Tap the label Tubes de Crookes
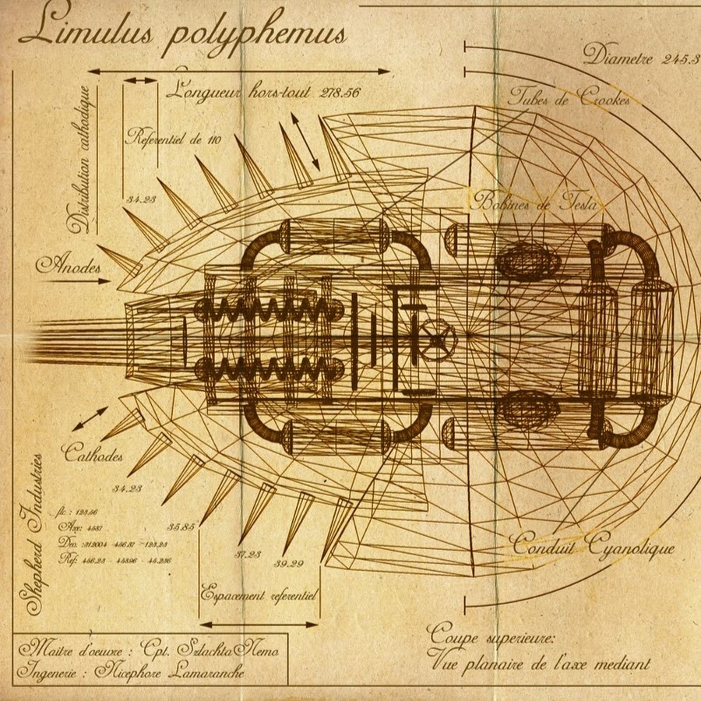tap(568, 98)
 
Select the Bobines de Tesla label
tap(534, 202)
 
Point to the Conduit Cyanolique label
tap(592, 544)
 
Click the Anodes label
tap(69, 266)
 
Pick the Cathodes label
tap(92, 453)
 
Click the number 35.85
tap(181, 526)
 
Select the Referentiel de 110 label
tap(173, 139)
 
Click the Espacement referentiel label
tap(258, 594)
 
